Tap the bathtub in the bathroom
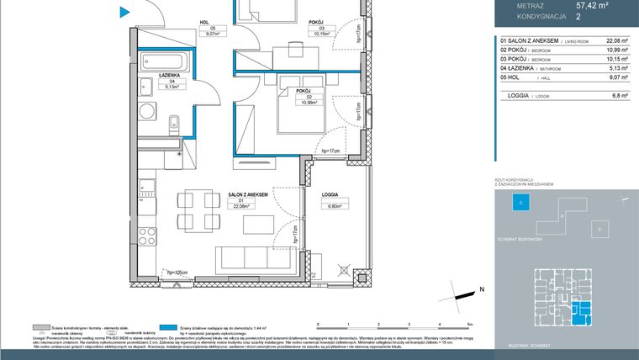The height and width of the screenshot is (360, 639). pyautogui.click(x=166, y=63)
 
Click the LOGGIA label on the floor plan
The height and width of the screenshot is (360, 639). pyautogui.click(x=330, y=195)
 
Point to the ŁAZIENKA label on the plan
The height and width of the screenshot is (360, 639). pyautogui.click(x=172, y=76)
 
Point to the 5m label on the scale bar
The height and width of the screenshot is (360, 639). pyautogui.click(x=470, y=324)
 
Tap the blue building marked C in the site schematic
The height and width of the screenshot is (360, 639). pyautogui.click(x=520, y=203)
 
